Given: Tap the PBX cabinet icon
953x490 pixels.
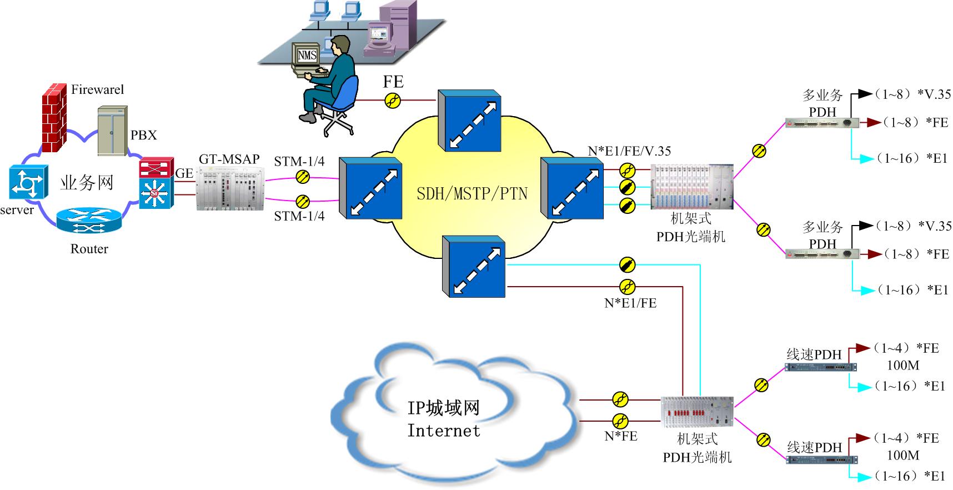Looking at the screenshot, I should point(113,131).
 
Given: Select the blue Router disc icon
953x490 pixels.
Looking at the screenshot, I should point(89,221).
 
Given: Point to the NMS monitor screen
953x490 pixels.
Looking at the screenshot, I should point(307,56).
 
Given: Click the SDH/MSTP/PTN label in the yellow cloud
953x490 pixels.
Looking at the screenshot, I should point(472,194).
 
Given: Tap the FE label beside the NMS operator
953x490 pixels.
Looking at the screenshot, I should point(393,82).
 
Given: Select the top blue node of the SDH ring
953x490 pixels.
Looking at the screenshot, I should point(469,121).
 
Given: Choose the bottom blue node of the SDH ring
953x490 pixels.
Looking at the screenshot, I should point(473,267).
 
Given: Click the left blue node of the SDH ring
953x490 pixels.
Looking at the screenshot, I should point(370,188).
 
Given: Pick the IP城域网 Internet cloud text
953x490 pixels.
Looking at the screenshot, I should point(443,419).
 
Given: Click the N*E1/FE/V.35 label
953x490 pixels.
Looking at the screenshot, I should point(629,151).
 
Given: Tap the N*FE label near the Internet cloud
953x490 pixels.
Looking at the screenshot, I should point(621,437).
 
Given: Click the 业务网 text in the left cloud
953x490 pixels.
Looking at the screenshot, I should point(87,182).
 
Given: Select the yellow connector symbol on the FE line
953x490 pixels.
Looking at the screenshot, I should point(393,101).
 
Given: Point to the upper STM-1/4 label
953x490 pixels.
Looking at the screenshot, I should point(299,162).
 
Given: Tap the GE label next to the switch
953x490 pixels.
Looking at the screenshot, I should point(184,173).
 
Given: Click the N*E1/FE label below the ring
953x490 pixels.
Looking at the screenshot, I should point(630,303).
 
